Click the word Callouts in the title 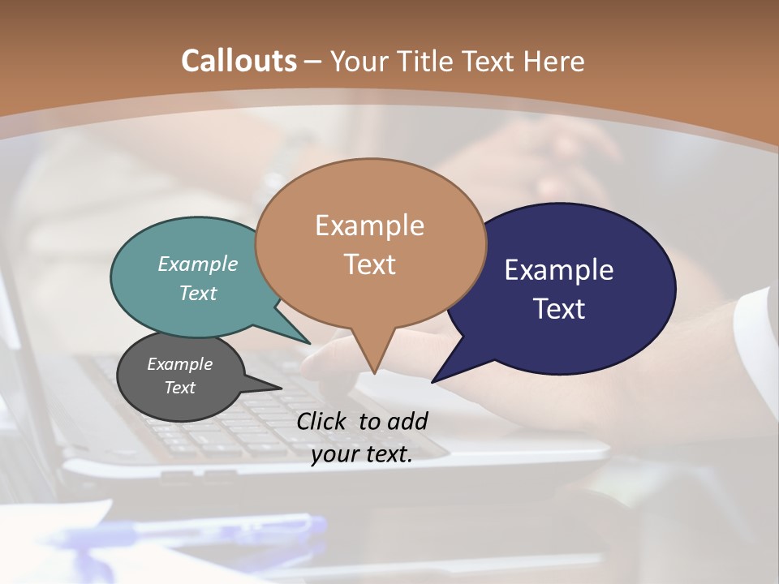pos(239,61)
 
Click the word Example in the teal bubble pos(198,264)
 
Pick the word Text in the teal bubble pos(198,293)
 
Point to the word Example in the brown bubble pos(369,225)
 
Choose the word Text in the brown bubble pos(369,264)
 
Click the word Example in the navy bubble pos(559,270)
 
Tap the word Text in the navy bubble pos(559,308)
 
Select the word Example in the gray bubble pos(180,364)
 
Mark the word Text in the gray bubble pos(180,388)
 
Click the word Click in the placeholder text pos(323,421)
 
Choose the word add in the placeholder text pos(407,421)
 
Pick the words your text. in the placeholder pos(362,454)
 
